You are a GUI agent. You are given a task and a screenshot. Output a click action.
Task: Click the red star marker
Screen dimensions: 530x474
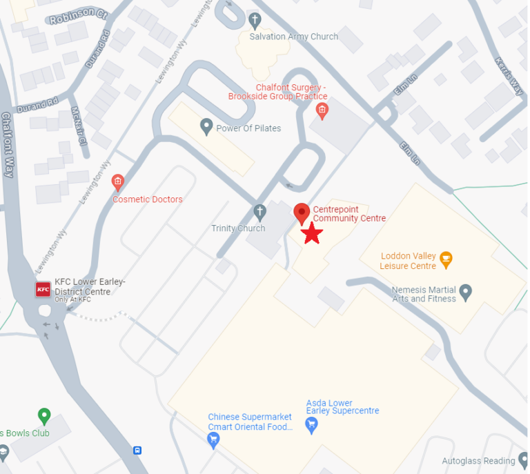(x=312, y=233)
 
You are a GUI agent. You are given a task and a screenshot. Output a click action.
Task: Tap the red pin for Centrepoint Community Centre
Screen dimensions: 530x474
(x=302, y=213)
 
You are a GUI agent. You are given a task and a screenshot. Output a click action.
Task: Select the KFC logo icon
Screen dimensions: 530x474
(x=43, y=289)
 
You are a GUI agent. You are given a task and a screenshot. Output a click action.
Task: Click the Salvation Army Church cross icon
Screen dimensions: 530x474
(x=255, y=19)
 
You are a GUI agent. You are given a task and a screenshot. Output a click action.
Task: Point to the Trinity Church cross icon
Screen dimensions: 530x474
(x=259, y=210)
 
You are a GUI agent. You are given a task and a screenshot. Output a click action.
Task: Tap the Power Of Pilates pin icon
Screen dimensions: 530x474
(x=206, y=126)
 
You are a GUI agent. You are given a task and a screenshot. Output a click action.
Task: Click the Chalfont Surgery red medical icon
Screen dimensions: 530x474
(x=321, y=110)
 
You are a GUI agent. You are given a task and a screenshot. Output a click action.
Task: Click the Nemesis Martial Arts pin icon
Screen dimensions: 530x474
(x=466, y=293)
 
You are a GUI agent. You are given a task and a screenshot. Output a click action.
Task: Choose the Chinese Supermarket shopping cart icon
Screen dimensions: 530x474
(x=213, y=440)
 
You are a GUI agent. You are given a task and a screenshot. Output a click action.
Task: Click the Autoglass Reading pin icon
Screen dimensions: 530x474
(x=522, y=460)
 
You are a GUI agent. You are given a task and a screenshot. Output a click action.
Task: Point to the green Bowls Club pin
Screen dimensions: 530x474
(x=44, y=416)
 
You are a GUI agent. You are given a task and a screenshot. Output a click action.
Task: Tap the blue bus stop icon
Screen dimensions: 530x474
(x=137, y=451)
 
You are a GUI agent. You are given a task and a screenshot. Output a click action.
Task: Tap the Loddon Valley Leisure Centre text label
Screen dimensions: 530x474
(x=409, y=261)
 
